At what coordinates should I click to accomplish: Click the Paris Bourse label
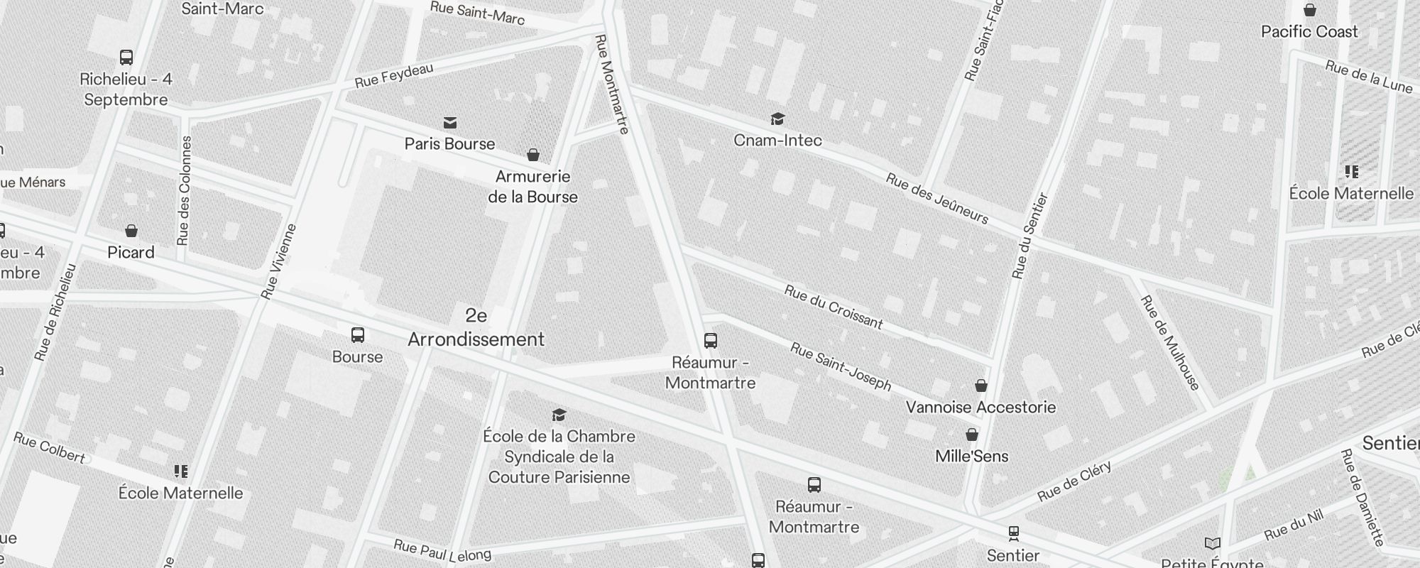449,144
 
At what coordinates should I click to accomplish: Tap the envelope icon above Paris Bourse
449,123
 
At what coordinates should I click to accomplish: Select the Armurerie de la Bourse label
532,187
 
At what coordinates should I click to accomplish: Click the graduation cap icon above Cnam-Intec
777,119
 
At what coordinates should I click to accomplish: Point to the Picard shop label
131,253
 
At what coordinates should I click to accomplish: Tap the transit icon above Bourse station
358,335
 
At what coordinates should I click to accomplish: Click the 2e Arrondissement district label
476,328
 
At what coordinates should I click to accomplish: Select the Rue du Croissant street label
834,307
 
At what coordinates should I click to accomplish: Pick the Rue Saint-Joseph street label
841,366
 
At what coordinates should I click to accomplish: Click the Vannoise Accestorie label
981,408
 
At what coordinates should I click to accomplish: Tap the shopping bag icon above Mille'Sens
971,435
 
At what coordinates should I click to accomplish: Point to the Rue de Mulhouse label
1169,343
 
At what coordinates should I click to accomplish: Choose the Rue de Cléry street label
1074,481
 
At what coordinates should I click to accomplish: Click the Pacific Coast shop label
1309,32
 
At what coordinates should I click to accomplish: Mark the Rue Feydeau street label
394,76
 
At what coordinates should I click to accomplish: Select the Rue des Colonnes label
185,190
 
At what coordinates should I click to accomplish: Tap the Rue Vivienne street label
278,261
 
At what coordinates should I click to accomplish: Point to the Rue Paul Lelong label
442,550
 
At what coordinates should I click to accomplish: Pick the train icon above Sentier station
1013,532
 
